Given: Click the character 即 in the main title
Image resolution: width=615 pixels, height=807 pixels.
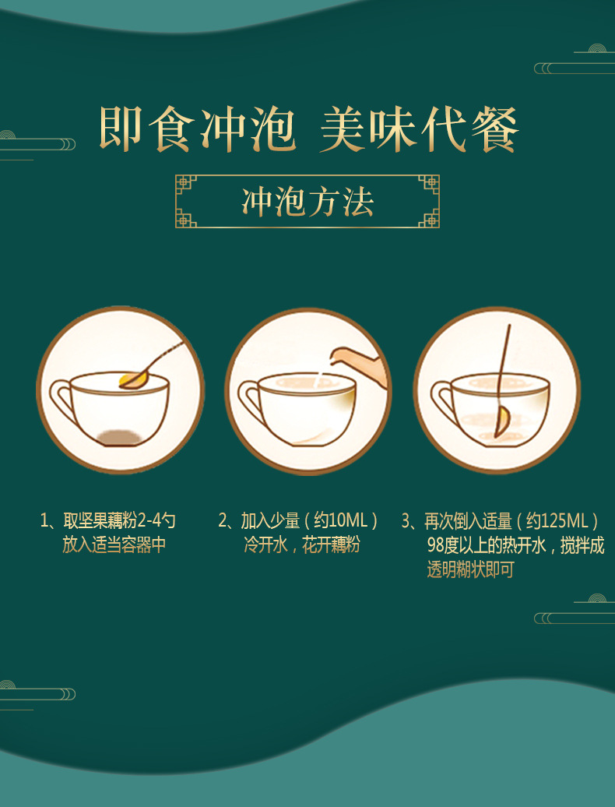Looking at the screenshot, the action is pyautogui.click(x=121, y=129).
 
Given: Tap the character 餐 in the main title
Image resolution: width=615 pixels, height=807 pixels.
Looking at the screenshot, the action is pyautogui.click(x=494, y=129).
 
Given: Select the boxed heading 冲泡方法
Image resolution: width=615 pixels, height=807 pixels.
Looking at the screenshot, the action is pyautogui.click(x=307, y=202).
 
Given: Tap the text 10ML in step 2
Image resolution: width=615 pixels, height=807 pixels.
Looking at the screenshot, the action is pyautogui.click(x=348, y=521).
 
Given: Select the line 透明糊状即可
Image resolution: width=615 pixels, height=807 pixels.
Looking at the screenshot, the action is pyautogui.click(x=470, y=569).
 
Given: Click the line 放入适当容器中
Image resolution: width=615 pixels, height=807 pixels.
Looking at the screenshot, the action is pyautogui.click(x=114, y=544).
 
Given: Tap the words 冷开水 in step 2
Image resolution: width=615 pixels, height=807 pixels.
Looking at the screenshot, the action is pyautogui.click(x=265, y=544).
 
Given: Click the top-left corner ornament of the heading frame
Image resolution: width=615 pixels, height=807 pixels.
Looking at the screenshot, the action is pyautogui.click(x=185, y=185).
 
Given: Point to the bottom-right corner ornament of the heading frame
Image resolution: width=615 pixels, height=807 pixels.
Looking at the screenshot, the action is pyautogui.click(x=429, y=217).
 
